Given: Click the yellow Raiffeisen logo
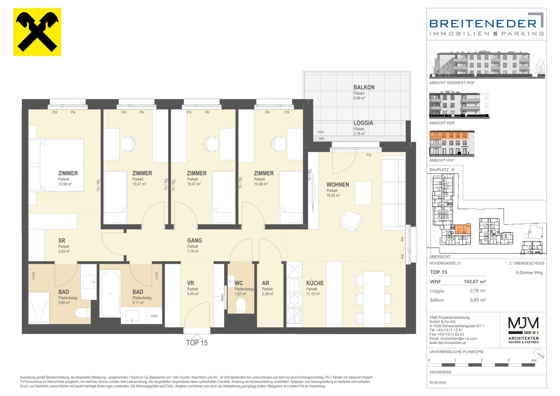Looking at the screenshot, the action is tap(37, 32).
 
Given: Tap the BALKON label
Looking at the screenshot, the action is tap(364, 87).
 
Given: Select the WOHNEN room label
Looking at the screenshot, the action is tap(337, 184).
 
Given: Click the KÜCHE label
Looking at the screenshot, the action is tap(315, 283).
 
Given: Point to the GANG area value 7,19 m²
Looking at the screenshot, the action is tap(193, 251).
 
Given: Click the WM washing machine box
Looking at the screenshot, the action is tap(154, 316).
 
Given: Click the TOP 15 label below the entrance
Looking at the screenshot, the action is tap(197, 343).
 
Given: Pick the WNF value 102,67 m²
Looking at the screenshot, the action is tap(475, 282).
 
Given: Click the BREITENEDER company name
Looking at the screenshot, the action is tap(483, 23).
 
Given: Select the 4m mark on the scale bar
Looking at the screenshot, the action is tap(534, 360).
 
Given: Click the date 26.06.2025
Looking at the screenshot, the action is tap(437, 383).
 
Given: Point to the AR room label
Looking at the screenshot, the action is tap(265, 283).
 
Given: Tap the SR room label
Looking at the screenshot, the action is tap(62, 240).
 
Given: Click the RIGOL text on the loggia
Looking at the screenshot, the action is tap(321, 132).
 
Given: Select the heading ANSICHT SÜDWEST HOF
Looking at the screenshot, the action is tap(452, 83).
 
